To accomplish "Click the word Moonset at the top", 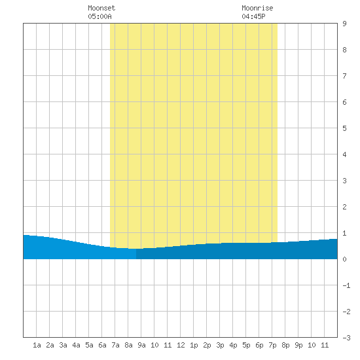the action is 101,8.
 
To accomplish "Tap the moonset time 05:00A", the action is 99,16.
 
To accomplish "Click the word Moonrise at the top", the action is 257,8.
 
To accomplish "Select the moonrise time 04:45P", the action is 253,16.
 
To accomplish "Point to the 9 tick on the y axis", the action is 344,24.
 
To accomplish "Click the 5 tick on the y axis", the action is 344,128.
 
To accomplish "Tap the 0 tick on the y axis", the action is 344,259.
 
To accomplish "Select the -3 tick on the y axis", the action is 346,338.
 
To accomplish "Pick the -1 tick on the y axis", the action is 346,285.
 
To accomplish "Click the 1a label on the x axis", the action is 37,345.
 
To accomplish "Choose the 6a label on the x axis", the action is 102,345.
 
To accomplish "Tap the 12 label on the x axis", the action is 181,345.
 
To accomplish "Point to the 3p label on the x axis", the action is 220,345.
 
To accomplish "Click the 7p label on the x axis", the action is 272,345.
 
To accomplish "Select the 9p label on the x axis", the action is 298,345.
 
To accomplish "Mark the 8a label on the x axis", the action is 128,345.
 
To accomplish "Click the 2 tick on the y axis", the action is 344,207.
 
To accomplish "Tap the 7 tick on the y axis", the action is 344,76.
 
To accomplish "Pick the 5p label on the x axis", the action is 246,345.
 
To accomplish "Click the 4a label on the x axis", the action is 76,345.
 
